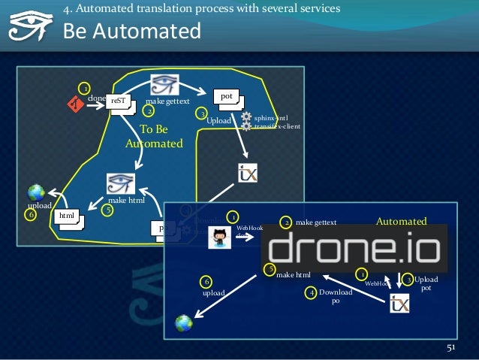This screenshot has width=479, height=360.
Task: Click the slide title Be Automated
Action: point(132,32)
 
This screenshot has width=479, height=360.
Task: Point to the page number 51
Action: point(451,347)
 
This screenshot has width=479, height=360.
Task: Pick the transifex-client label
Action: point(277,126)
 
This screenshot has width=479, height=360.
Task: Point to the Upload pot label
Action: point(426,283)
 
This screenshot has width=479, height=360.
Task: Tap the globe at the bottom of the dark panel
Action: point(183,323)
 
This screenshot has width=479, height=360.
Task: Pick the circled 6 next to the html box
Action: point(31,215)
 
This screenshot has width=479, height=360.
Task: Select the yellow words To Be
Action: point(154,129)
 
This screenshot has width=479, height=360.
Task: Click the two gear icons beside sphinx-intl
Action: point(246,121)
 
